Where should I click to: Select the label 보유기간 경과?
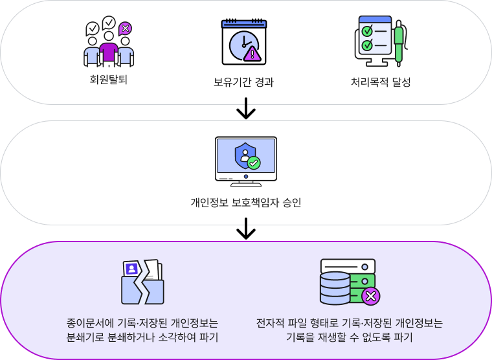[x=243, y=82]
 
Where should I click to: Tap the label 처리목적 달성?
[x=381, y=82]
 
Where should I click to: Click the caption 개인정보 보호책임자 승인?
[x=245, y=203]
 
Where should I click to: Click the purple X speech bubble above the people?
[x=126, y=28]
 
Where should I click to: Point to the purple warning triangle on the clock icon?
[x=252, y=54]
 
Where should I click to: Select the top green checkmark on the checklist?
[x=367, y=30]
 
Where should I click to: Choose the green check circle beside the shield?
[x=254, y=163]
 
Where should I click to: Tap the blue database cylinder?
[x=335, y=288]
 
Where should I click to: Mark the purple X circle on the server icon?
[x=370, y=297]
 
